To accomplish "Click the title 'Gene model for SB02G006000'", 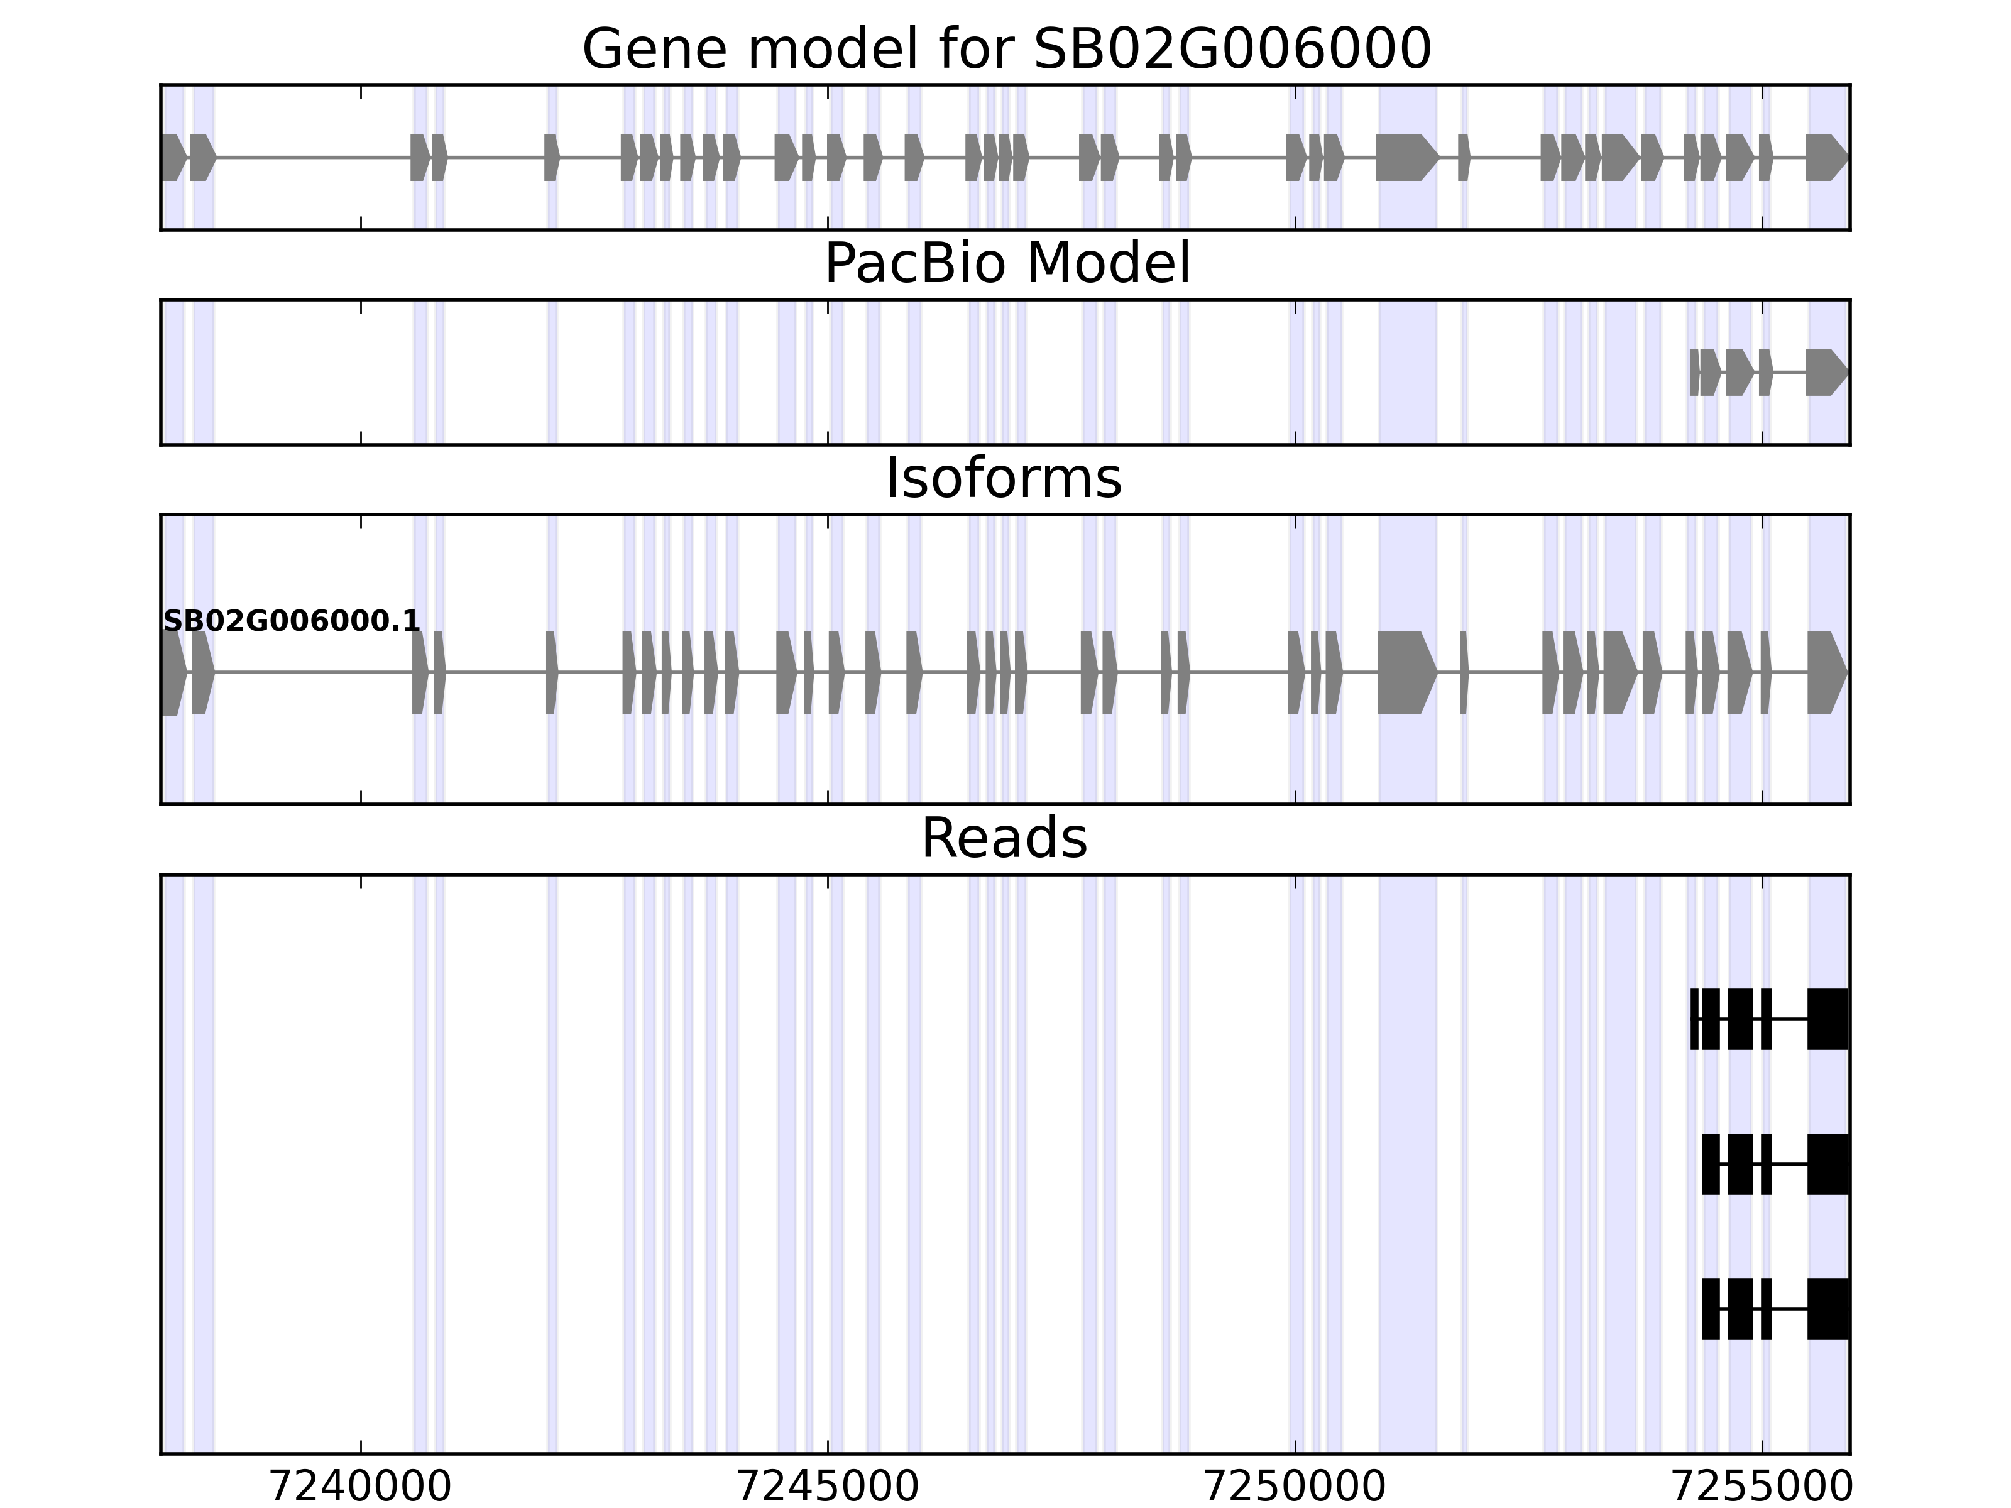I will coord(1006,49).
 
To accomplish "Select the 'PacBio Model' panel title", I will coord(1006,265).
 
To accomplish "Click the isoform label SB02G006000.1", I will coord(291,621).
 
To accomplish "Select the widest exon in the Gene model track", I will coord(1405,157).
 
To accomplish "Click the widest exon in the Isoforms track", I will coord(1405,673).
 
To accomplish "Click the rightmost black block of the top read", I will coord(1827,1019).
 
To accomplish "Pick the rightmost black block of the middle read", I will coord(1827,1164).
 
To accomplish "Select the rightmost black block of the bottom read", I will coord(1827,1309).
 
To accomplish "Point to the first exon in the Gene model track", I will coord(173,157).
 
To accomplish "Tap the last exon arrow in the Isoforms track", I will coord(1826,673).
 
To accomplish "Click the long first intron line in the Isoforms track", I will coord(314,673).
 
